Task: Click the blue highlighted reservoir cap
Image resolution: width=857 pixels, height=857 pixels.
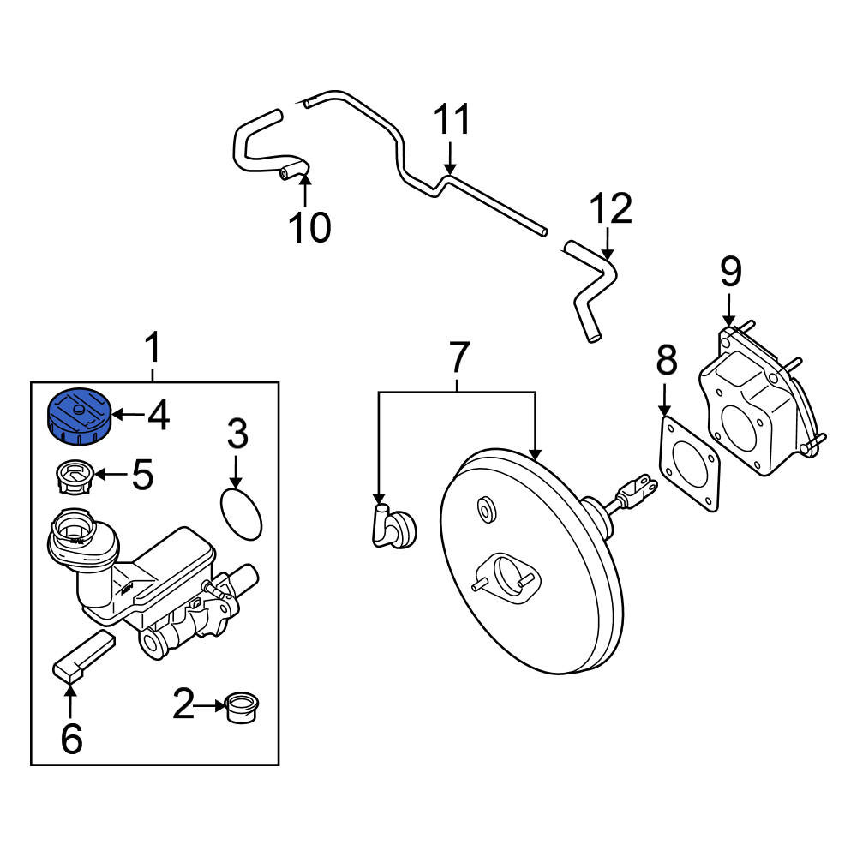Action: tap(80, 416)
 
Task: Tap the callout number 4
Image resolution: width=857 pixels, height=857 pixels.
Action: tap(159, 415)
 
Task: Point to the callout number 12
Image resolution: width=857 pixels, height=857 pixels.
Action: tap(611, 208)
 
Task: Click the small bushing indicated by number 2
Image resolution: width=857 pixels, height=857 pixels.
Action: tap(243, 708)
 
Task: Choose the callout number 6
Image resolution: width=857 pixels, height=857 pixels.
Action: tap(72, 738)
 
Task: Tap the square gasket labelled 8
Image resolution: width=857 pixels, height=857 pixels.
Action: tap(690, 464)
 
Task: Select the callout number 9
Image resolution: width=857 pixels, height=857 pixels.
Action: tap(730, 272)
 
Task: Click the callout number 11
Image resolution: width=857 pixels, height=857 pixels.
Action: tap(452, 119)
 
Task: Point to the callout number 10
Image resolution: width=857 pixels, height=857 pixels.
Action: tap(310, 227)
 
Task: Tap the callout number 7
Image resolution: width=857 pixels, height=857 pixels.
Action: tap(458, 357)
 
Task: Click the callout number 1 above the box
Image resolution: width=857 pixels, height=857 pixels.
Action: tap(153, 347)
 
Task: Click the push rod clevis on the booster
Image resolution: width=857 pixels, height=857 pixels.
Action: tap(636, 491)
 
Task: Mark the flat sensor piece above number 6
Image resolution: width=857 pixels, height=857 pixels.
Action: tap(84, 656)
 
